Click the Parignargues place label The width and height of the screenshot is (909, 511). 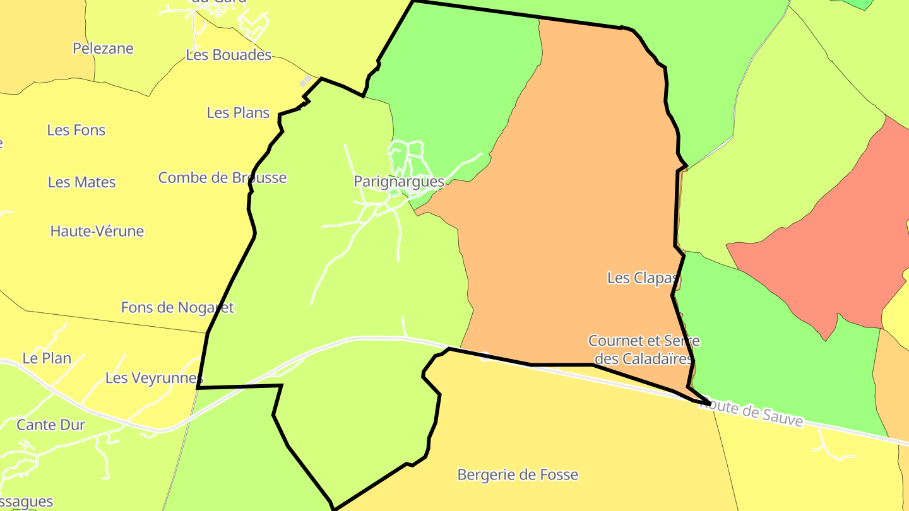pyautogui.click(x=399, y=182)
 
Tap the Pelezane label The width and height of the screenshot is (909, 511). pyautogui.click(x=103, y=49)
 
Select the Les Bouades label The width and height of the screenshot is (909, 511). pyautogui.click(x=229, y=55)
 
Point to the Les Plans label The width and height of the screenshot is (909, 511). pyautogui.click(x=238, y=113)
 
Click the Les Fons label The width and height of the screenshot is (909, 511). pyautogui.click(x=76, y=130)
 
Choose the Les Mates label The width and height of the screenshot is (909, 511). pyautogui.click(x=82, y=182)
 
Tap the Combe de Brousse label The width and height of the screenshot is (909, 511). pyautogui.click(x=222, y=178)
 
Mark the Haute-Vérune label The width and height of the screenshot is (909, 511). pyautogui.click(x=97, y=232)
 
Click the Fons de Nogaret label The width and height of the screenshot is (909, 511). pyautogui.click(x=177, y=308)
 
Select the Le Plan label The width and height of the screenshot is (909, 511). pyautogui.click(x=47, y=358)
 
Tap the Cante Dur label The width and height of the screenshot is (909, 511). pyautogui.click(x=50, y=425)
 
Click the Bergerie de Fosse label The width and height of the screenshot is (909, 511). pyautogui.click(x=518, y=474)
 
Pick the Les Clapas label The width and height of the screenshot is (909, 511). pyautogui.click(x=641, y=278)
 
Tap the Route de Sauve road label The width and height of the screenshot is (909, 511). pyautogui.click(x=751, y=414)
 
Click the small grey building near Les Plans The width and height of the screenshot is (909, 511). pyautogui.click(x=306, y=81)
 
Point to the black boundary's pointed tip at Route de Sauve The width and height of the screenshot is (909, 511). pyautogui.click(x=710, y=402)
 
